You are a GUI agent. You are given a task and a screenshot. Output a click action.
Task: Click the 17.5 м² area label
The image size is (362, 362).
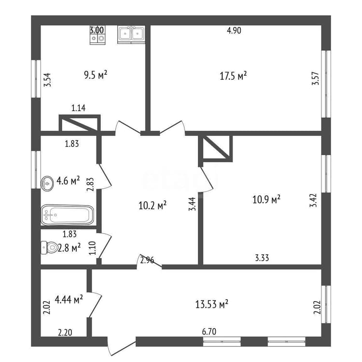pos(233,76)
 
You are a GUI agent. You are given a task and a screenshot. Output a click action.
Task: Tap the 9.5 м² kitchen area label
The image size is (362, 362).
pos(96,75)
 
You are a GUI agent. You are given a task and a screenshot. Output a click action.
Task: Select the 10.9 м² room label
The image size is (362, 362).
pos(266,199)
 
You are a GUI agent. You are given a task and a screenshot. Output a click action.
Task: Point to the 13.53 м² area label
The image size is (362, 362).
pos(212,304)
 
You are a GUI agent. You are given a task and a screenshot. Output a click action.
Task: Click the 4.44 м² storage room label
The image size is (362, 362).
pos(69,299)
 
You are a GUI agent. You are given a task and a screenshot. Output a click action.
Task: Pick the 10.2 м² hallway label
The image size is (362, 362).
pos(153,205)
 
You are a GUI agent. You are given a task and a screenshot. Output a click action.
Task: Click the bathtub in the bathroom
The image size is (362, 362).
pos(68,215)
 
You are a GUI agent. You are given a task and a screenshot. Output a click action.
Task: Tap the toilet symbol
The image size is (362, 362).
pos(49,248)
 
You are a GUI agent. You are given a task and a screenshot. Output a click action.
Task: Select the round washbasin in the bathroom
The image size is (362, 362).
pos(48,184)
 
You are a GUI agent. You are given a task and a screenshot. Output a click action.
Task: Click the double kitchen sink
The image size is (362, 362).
pos(131,34)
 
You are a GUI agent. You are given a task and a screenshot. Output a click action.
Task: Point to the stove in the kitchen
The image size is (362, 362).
pos(97,35)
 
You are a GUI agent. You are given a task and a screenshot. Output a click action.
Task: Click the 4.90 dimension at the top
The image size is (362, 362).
pos(234,30)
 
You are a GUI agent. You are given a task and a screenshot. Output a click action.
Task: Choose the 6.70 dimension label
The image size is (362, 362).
pos(209,332)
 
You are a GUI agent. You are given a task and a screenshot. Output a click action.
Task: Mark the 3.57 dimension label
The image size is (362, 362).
pos(315,79)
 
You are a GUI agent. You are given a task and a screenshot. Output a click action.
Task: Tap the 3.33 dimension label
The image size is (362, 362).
pos(262,258)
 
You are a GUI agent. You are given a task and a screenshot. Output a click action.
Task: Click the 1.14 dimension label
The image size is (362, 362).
pos(78,108)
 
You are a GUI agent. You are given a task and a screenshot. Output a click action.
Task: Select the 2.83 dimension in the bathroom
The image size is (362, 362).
pos(90,184)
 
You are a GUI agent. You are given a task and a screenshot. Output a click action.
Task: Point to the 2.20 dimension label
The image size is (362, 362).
pos(65,333)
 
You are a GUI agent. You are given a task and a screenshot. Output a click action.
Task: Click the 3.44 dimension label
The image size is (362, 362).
pos(192,204)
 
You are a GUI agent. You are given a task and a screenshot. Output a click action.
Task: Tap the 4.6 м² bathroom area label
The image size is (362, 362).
pos(68,181)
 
